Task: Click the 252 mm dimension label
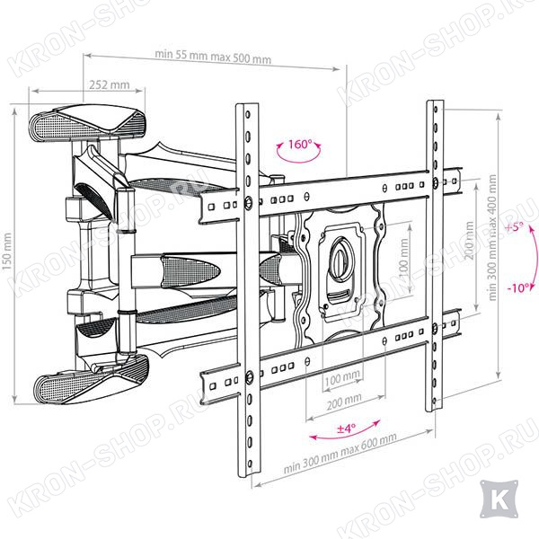[110, 84]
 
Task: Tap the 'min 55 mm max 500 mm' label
[213, 57]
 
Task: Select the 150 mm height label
[7, 252]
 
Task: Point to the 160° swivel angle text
[300, 144]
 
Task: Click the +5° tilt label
[515, 227]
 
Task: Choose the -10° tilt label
[518, 287]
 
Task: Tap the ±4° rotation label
[346, 429]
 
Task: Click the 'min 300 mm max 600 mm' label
[340, 453]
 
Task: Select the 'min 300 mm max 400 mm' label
[492, 238]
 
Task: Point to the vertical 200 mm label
[469, 240]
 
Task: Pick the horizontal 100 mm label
[342, 379]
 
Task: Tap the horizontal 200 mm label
[344, 402]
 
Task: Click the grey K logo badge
[499, 499]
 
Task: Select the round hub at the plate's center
[341, 258]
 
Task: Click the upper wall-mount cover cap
[88, 122]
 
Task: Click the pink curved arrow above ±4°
[346, 432]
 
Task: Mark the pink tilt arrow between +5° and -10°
[536, 258]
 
